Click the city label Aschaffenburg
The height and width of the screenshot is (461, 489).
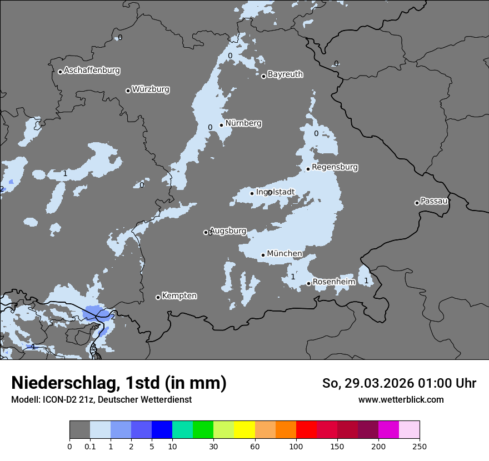[x=92, y=71]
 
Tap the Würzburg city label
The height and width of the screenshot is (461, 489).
[x=151, y=89]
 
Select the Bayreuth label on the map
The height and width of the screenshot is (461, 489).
[x=285, y=74]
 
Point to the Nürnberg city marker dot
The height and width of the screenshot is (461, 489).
[x=221, y=125]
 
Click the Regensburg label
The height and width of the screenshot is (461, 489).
[x=335, y=167]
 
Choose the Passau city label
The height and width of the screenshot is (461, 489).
[x=434, y=201]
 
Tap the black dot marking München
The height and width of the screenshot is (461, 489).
[x=263, y=255]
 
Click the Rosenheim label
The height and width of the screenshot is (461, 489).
[x=333, y=282]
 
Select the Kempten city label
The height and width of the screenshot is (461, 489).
[x=179, y=296]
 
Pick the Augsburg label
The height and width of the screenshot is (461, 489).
[x=227, y=231]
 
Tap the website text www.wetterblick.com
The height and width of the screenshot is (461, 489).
[x=401, y=400]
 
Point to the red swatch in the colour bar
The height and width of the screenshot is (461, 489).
[x=306, y=430]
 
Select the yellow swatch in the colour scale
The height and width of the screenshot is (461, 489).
[x=244, y=430]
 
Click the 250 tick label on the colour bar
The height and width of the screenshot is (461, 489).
[x=420, y=446]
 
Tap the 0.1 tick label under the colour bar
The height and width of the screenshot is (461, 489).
[x=90, y=446]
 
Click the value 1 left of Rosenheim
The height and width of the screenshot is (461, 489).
[x=293, y=277]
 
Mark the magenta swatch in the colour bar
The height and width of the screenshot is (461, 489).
[x=388, y=430]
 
